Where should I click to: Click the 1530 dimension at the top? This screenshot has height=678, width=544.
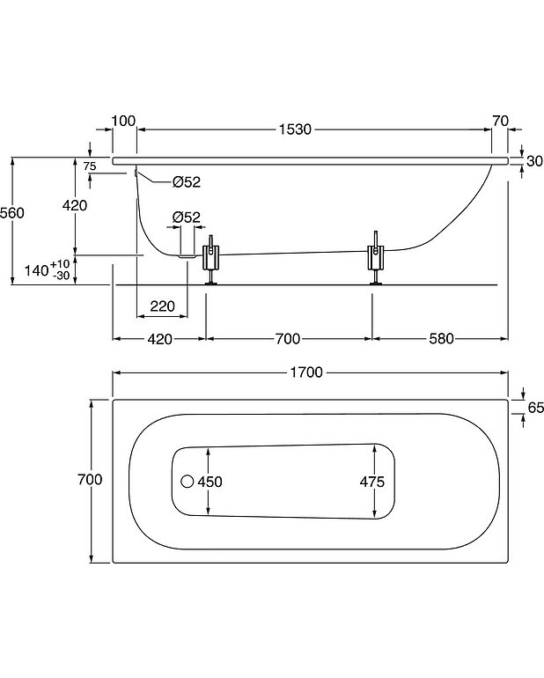(296, 130)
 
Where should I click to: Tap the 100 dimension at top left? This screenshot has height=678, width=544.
(124, 121)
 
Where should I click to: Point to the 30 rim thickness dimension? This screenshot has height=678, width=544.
(534, 161)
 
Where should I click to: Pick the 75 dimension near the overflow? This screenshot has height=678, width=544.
(89, 166)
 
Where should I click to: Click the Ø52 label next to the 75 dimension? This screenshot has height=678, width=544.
(187, 182)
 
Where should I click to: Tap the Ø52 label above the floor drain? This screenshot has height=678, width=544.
(187, 217)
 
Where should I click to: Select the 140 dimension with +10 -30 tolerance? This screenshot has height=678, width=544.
(48, 270)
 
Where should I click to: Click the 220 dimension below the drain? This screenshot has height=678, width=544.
(162, 306)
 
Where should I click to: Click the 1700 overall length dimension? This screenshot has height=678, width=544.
(307, 372)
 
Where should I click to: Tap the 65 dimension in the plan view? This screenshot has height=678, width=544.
(534, 406)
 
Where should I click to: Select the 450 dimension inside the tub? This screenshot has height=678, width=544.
(210, 482)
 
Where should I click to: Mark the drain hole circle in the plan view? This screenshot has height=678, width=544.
(186, 482)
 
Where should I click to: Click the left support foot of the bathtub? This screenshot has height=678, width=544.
(212, 261)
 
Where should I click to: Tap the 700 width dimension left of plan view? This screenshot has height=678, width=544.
(90, 480)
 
